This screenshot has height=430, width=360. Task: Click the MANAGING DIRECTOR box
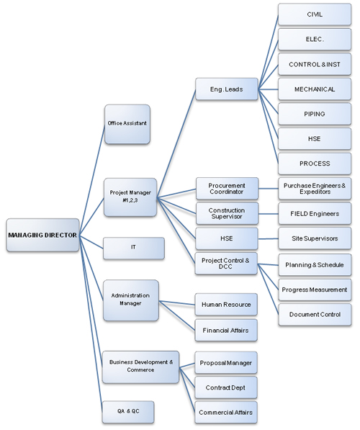click(42, 235)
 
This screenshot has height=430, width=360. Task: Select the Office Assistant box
click(127, 124)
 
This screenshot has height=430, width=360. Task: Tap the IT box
click(134, 248)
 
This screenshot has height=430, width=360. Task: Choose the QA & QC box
click(128, 412)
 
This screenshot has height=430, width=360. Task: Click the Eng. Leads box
click(227, 89)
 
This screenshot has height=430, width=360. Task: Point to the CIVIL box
click(315, 14)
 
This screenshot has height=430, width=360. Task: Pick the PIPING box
click(315, 114)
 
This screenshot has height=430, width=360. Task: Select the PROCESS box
click(315, 164)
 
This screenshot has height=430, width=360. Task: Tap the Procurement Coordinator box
click(227, 189)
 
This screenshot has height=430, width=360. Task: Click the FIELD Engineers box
click(315, 213)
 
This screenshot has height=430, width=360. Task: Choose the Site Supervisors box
click(315, 238)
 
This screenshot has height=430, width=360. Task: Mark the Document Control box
click(315, 315)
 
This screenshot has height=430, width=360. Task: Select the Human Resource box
click(226, 305)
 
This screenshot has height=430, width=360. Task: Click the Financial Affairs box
click(226, 330)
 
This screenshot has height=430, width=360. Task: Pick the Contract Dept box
click(226, 388)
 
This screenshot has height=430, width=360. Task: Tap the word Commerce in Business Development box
click(140, 369)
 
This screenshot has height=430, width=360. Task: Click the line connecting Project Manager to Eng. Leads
click(176, 143)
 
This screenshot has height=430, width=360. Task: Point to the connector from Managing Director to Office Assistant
click(92, 179)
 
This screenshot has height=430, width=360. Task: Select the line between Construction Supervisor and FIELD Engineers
click(268, 214)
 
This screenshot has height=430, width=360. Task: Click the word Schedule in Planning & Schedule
click(330, 265)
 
